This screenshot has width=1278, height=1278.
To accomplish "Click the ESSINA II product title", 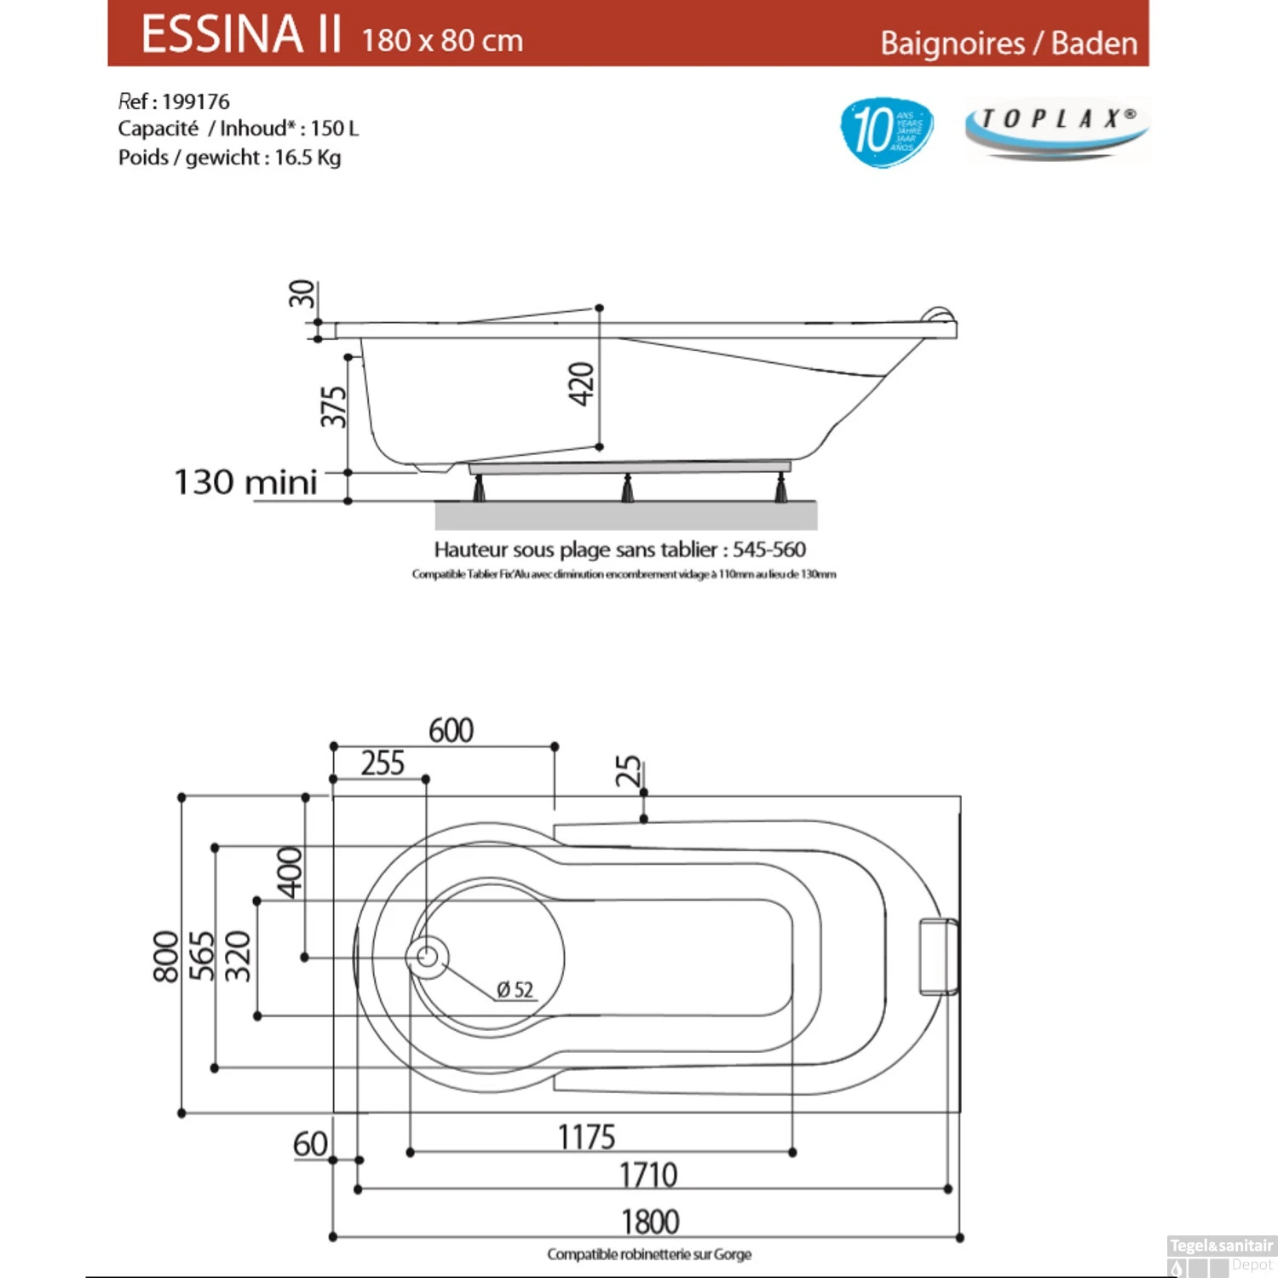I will [242, 35].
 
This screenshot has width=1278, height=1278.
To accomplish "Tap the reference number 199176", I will [195, 102].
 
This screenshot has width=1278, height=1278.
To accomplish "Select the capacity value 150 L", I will [335, 129].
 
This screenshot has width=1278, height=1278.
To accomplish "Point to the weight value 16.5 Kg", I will [308, 158].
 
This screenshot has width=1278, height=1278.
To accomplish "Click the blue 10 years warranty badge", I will [886, 131].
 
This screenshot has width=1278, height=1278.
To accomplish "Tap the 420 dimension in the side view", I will [581, 383].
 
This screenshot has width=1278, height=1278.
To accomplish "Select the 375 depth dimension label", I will [333, 406].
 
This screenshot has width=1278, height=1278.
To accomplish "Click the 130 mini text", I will [245, 482].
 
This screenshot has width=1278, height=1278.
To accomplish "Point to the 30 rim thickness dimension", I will [302, 294].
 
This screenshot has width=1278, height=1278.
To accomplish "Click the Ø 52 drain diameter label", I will [515, 990].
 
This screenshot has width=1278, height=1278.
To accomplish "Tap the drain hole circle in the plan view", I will [428, 957].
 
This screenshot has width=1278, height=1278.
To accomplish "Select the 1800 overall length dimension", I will [650, 1222].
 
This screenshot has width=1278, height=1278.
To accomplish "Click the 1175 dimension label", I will [586, 1137].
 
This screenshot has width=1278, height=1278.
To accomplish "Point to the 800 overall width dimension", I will [165, 956].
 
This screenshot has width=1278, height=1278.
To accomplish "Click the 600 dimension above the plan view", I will [451, 730].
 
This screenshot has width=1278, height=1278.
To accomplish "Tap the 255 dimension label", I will [383, 763].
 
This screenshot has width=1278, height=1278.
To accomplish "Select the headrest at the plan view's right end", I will [938, 956].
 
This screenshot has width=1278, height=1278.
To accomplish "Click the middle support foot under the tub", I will [628, 488].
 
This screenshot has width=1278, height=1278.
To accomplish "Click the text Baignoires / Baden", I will [1009, 43].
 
